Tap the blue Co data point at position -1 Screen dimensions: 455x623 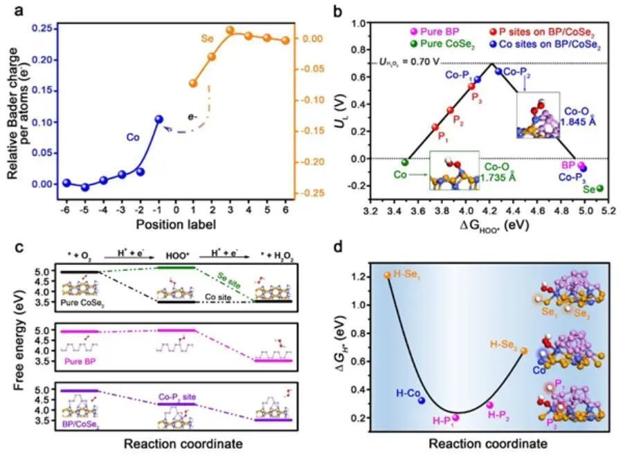(x=159, y=119)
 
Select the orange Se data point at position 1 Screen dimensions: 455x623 (x=192, y=83)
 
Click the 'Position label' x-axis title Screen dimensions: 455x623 (x=176, y=224)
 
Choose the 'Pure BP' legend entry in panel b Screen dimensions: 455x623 (x=426, y=32)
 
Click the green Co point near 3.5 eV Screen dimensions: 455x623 (x=405, y=162)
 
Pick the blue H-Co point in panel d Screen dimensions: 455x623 (x=421, y=400)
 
